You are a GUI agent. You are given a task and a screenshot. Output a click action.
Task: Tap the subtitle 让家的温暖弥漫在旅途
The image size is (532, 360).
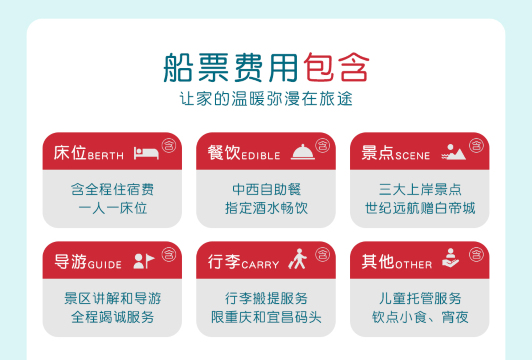(266, 100)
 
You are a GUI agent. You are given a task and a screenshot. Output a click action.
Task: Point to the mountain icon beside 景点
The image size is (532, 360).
(455, 153)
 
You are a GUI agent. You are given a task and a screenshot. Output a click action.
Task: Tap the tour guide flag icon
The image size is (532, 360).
(145, 262)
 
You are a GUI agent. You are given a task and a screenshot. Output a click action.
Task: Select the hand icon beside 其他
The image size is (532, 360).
(452, 262)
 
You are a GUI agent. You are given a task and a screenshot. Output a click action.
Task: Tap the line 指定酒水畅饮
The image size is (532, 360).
(266, 208)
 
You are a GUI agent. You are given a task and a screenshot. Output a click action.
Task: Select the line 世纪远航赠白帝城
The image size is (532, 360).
(420, 208)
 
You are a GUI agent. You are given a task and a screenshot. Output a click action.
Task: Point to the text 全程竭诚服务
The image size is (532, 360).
(112, 317)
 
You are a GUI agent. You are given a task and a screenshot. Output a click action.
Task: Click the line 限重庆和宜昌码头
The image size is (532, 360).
(266, 317)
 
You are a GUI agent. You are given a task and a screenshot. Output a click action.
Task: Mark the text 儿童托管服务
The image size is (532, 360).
(420, 298)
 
